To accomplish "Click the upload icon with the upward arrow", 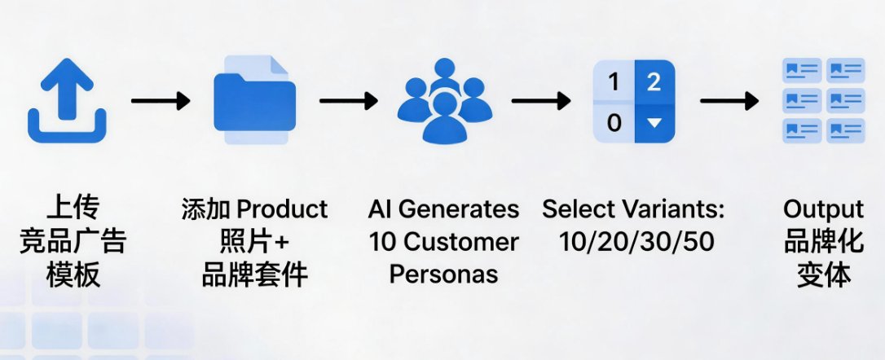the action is tap(67, 103).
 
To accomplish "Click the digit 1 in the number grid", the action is tap(614, 81).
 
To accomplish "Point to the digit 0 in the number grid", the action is tap(614, 123).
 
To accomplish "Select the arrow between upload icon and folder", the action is tap(160, 101).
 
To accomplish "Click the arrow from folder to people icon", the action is tap(349, 101).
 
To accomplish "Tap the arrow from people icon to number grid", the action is tap(539, 101).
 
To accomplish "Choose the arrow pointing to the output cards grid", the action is tap(729, 101).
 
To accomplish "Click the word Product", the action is tap(283, 209).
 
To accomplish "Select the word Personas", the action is tap(443, 274).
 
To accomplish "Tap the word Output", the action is tap(823, 209).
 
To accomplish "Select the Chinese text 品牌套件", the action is tap(254, 274).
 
